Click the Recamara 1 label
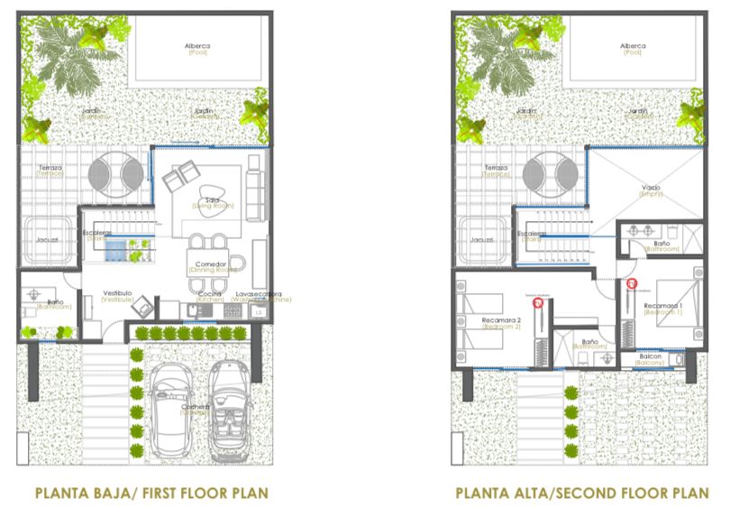click(663, 308)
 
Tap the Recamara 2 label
click(500, 322)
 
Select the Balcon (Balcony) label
click(651, 358)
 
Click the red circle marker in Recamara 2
click(538, 303)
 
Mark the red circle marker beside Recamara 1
click(630, 285)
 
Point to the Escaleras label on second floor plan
click(527, 233)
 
